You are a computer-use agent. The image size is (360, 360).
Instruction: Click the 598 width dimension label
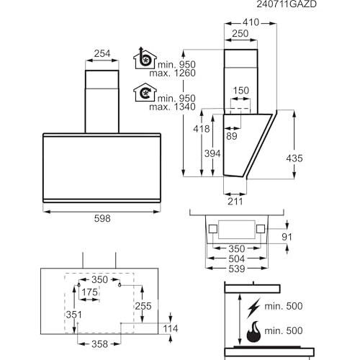click(102, 218)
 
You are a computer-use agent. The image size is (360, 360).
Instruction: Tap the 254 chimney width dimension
click(102, 53)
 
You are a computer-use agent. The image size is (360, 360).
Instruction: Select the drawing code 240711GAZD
click(287, 4)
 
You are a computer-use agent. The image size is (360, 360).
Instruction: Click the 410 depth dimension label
click(251, 22)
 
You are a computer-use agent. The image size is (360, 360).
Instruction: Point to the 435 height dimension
click(294, 158)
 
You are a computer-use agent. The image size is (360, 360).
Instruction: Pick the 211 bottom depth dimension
click(235, 202)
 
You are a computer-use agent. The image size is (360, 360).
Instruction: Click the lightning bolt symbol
click(253, 308)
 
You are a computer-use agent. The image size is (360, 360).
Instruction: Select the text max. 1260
click(173, 73)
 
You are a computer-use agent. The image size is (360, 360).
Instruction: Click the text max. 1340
click(173, 107)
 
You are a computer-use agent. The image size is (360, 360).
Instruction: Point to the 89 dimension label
click(232, 136)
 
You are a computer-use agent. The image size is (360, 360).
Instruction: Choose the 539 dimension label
click(237, 269)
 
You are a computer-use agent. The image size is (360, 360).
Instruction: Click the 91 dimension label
click(287, 237)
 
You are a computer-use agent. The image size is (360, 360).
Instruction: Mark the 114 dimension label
click(171, 328)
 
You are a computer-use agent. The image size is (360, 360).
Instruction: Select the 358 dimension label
click(99, 344)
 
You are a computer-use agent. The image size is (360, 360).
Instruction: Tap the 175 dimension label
click(90, 292)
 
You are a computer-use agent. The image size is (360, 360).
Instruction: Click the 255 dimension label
click(143, 306)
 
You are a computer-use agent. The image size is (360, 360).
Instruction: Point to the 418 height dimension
click(202, 129)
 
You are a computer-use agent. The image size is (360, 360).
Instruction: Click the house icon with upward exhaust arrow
click(145, 58)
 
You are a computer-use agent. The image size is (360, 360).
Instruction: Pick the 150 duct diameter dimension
click(241, 91)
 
